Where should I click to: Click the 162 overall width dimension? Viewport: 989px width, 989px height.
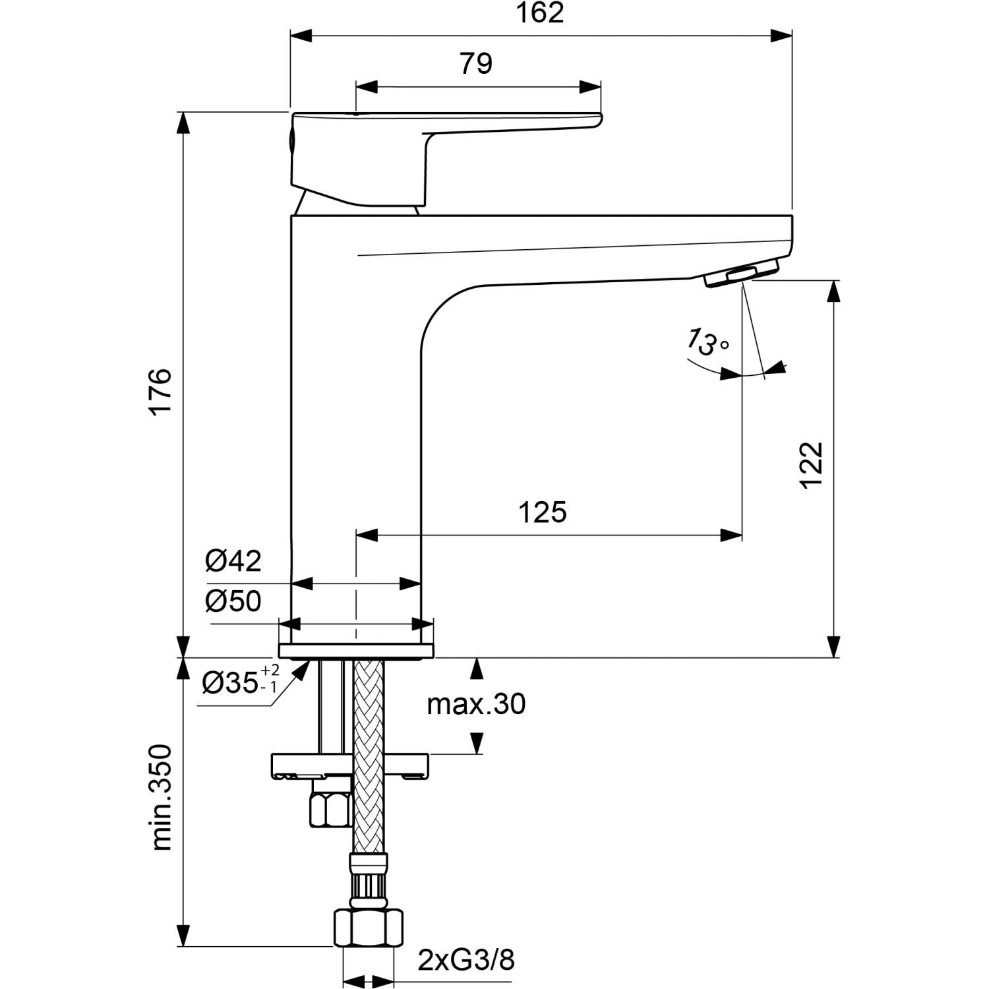coord(539,13)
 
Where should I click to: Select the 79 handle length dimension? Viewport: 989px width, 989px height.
coord(476,64)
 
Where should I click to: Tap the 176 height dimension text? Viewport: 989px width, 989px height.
coord(160,391)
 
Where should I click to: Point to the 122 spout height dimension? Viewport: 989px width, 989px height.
coord(812,465)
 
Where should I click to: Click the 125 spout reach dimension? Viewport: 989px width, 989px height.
coord(542,512)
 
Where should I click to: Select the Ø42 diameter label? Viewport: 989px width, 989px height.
coord(233,561)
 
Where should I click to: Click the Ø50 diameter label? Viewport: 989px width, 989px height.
coord(233,601)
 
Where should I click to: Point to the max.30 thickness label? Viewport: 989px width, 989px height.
coord(476,704)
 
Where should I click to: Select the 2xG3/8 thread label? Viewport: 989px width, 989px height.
coord(466,961)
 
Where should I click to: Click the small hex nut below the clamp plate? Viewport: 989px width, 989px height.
coord(328,810)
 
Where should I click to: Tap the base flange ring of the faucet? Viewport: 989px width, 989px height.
coord(356,651)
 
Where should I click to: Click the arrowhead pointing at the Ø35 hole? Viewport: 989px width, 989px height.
coord(301,672)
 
